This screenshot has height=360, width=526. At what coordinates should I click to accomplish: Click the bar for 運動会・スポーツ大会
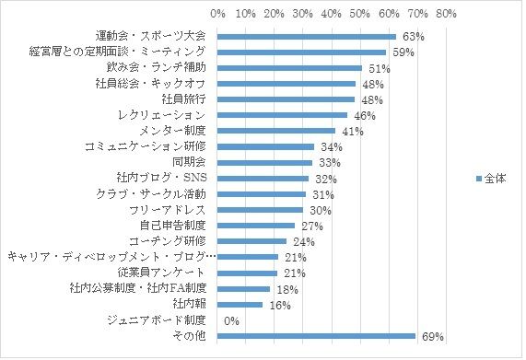point(307,37)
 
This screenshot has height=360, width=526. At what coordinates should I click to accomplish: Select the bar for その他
point(316,337)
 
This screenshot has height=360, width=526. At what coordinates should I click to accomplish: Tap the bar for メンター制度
point(276,132)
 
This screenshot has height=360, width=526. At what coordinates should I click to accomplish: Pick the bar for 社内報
point(240,305)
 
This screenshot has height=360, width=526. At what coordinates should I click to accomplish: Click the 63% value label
point(413,37)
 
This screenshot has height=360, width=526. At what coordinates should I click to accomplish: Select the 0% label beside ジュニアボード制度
point(231,321)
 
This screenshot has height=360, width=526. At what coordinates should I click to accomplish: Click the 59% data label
point(402,52)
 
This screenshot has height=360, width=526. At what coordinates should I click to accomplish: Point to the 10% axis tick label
point(246,15)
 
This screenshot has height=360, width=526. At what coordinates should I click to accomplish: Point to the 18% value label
point(286,289)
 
